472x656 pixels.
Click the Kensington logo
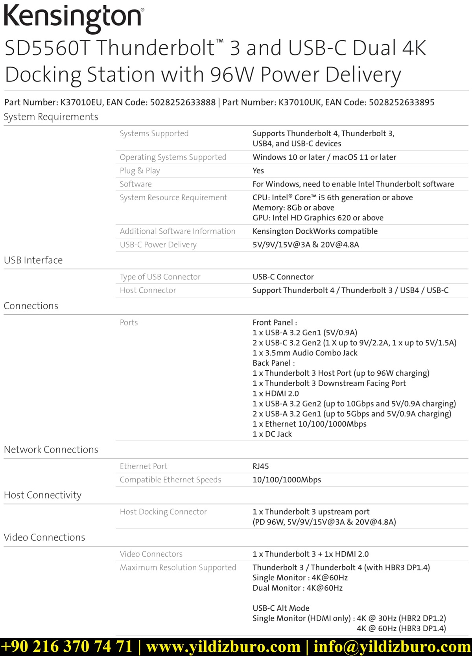point(74,18)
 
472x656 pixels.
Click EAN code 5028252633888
point(183,102)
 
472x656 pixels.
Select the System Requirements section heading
point(51,117)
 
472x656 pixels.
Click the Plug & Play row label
point(140,171)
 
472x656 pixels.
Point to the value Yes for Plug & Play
point(258,171)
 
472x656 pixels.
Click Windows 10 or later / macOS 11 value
point(324,157)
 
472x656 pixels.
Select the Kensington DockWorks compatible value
point(315,231)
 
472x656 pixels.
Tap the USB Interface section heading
point(33,260)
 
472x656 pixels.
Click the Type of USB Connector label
point(160,277)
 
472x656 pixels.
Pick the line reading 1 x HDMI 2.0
point(275,394)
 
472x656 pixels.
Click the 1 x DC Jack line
point(272,434)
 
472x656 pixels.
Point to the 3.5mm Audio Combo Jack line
point(305,353)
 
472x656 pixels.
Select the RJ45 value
point(260,466)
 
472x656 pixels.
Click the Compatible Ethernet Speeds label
point(170,480)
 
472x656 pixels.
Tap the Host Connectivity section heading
point(42,495)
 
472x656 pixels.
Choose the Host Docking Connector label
point(163,512)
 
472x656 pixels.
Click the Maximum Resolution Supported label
point(178,567)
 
